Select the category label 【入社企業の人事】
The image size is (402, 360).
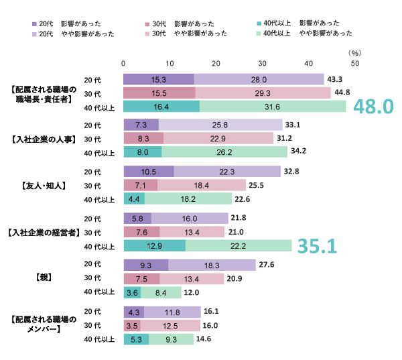click(x=46, y=139)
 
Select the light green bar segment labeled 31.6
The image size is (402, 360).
click(x=273, y=107)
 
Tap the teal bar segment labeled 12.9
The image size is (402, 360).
click(x=154, y=246)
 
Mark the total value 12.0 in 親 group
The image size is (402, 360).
click(x=192, y=292)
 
